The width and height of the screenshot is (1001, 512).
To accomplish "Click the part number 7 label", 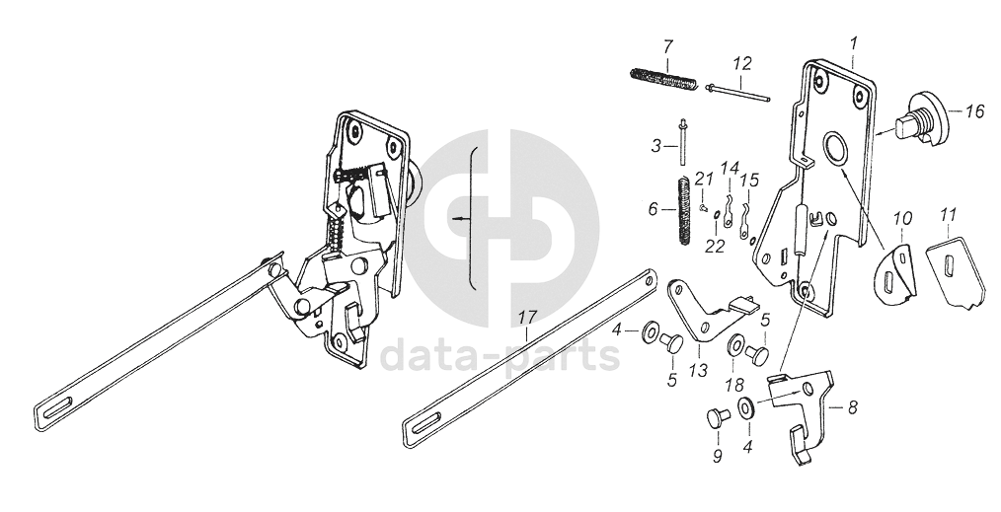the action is pyautogui.click(x=667, y=46).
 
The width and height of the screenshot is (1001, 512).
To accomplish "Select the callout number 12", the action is pyautogui.click(x=742, y=63).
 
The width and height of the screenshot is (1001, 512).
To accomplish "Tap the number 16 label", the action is pyautogui.click(x=973, y=111).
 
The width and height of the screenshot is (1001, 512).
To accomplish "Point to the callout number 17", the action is pyautogui.click(x=526, y=318).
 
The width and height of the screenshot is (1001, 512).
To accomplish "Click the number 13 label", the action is pyautogui.click(x=699, y=370).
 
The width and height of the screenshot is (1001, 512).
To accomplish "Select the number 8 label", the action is pyautogui.click(x=852, y=405).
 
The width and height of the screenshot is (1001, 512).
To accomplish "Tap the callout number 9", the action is pyautogui.click(x=716, y=456).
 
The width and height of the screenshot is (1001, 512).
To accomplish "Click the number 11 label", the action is pyautogui.click(x=949, y=214).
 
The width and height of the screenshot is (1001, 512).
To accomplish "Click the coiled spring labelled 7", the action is pyautogui.click(x=662, y=75).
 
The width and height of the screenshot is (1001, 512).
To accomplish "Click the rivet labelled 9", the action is pyautogui.click(x=715, y=417).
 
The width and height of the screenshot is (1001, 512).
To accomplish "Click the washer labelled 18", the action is pyautogui.click(x=736, y=347).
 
